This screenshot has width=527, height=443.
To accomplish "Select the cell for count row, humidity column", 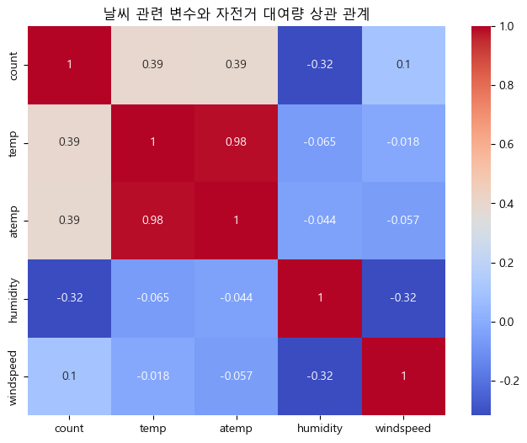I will click(x=320, y=64).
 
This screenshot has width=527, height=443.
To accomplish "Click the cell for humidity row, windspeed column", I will click(x=402, y=297).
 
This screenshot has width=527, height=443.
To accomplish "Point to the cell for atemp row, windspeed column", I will click(x=402, y=220).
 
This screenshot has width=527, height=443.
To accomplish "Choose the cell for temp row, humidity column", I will click(x=320, y=141).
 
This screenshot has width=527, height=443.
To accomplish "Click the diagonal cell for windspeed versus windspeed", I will click(x=402, y=375).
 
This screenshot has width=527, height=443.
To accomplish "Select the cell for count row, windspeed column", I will click(x=402, y=64).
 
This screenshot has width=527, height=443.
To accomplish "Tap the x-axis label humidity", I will click(x=320, y=428).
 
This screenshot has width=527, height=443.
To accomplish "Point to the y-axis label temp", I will click(x=13, y=141).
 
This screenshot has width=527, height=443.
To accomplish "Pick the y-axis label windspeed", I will click(x=13, y=375).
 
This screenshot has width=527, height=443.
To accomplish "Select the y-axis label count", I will click(x=13, y=64).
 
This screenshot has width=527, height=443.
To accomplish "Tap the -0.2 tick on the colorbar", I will click(x=504, y=381).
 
